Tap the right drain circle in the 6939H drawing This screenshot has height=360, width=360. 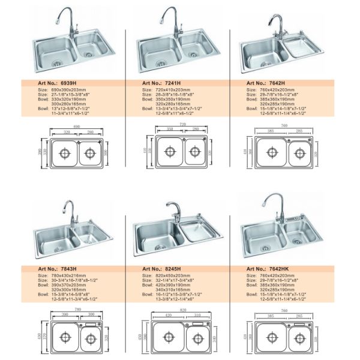90,154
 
